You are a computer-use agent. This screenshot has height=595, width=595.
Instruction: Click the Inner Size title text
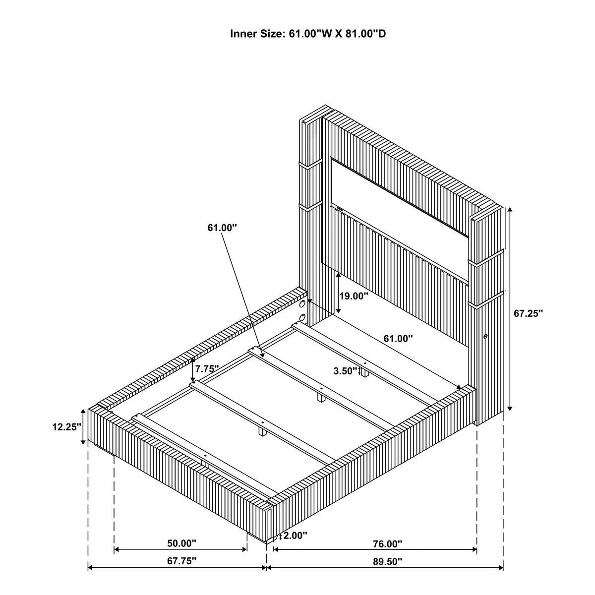[x=308, y=34]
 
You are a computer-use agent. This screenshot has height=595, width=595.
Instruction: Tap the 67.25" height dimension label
[x=528, y=313]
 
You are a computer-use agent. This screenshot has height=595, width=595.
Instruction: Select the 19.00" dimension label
[x=354, y=296]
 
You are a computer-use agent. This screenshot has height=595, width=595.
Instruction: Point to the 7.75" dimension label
[x=207, y=368]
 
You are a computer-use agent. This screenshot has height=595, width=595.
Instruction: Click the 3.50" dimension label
[x=345, y=371]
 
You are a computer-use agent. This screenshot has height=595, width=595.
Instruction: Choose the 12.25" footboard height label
[x=67, y=427]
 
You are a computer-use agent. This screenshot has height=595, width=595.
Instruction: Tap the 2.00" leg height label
[x=295, y=535]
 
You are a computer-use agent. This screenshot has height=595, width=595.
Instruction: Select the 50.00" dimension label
[x=181, y=543]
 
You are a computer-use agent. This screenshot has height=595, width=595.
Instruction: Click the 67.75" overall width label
[x=181, y=561]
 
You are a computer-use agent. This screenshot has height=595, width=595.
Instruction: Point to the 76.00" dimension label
[x=388, y=544]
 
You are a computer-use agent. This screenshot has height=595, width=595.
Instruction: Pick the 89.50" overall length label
[x=388, y=561]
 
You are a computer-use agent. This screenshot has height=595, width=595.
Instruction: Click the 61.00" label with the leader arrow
[x=222, y=228]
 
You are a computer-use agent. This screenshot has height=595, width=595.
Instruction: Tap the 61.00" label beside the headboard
[x=398, y=339]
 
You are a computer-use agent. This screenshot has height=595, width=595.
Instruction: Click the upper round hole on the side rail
[x=302, y=303]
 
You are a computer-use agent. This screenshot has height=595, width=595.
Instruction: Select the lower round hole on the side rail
[x=302, y=317]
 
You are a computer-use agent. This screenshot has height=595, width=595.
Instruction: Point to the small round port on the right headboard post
[x=485, y=336]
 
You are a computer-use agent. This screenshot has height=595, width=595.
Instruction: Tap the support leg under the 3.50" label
[x=365, y=373]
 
